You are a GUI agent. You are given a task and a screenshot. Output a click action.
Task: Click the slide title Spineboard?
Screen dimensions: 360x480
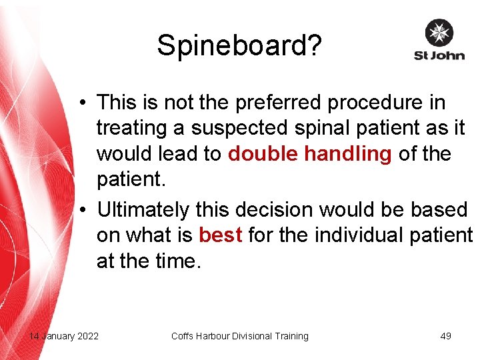click(239, 45)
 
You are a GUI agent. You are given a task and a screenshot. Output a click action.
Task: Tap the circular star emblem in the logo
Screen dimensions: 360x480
click(439, 33)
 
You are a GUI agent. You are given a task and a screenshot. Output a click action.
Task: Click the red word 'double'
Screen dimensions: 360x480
click(263, 154)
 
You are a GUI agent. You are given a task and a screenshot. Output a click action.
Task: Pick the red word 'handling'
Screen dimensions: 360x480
click(348, 154)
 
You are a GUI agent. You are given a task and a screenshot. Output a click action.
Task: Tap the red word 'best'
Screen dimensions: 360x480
click(220, 235)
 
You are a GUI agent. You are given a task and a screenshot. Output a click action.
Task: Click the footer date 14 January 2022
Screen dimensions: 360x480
click(64, 336)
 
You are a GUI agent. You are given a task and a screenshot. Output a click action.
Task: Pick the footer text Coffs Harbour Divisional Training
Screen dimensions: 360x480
click(240, 336)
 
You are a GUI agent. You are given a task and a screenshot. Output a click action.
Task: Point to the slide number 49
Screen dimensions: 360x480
click(446, 336)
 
